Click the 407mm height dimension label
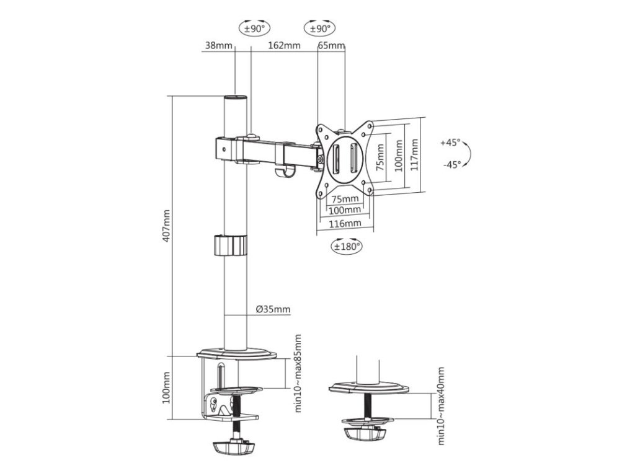click(x=166, y=226)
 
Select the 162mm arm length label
click(x=284, y=45)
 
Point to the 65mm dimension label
click(x=331, y=45)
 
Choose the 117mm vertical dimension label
click(x=414, y=154)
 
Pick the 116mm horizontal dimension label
click(x=345, y=224)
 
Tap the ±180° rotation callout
click(x=347, y=246)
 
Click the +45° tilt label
click(x=451, y=143)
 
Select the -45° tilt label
click(x=451, y=164)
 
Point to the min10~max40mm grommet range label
click(x=442, y=407)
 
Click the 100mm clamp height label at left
click(x=166, y=387)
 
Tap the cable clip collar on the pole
click(x=229, y=245)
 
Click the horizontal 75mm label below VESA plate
click(x=345, y=199)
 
